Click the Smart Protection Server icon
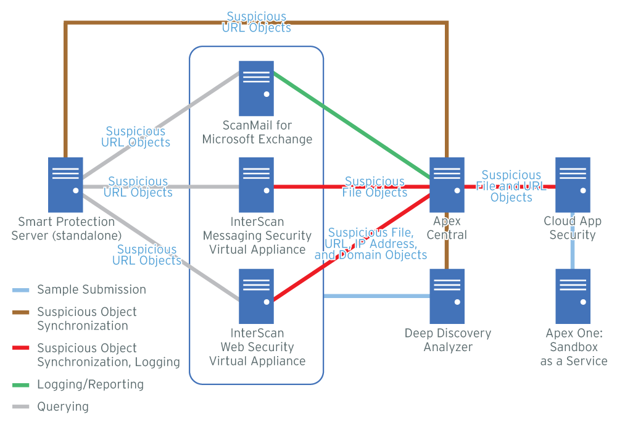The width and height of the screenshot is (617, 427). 65,185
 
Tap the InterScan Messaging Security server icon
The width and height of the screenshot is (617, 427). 257,185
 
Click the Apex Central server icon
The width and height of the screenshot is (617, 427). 447,185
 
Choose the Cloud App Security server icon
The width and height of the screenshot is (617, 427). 573,185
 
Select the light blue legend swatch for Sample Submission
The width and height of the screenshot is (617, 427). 21,290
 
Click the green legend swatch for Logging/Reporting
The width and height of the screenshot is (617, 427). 21,385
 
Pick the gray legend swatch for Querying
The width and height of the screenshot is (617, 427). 21,407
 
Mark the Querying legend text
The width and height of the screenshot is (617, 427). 63,407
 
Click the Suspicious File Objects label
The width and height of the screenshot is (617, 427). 375,187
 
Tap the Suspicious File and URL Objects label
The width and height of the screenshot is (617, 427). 511,186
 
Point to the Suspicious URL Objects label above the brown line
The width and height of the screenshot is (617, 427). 256,22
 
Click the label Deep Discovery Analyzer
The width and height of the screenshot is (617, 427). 448,340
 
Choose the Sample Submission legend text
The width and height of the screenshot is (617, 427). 91,290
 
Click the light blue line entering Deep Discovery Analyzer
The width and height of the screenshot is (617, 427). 376,296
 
